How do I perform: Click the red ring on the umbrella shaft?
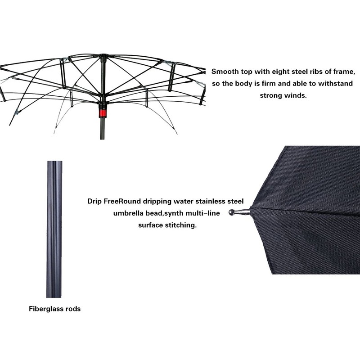(x=103, y=109)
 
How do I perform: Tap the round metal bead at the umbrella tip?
(x=232, y=212)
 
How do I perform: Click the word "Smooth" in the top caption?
(x=225, y=71)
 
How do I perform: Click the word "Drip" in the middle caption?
(x=94, y=201)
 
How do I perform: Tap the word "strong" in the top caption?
(x=272, y=95)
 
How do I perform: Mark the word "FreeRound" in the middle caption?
(x=122, y=201)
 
